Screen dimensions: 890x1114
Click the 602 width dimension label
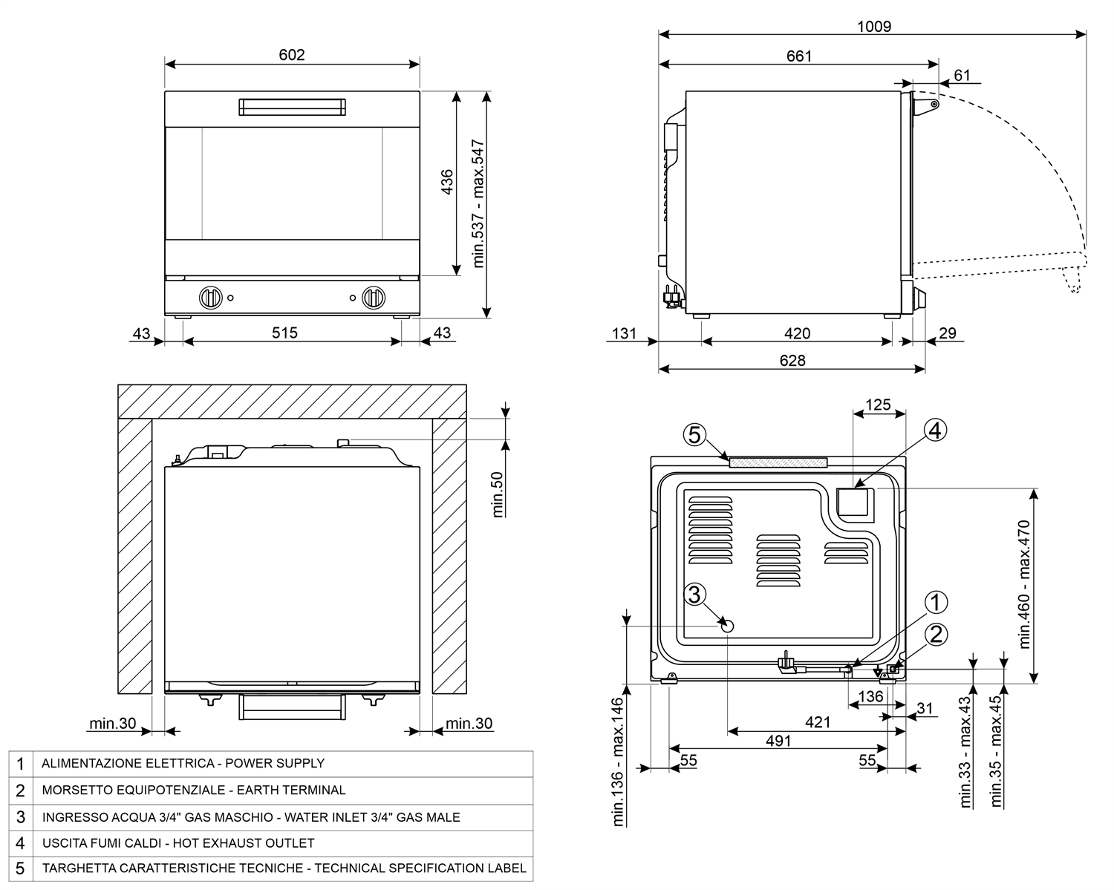[x=292, y=55]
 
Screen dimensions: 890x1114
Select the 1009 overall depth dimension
[x=873, y=27]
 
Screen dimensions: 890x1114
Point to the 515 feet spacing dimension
[x=284, y=333]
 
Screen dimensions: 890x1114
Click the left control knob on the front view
[x=211, y=298]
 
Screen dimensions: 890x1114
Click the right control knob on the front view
[x=374, y=298]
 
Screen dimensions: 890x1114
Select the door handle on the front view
[x=292, y=107]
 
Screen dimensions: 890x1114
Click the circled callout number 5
[x=694, y=435]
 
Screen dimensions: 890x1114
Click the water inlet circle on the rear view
[x=727, y=626]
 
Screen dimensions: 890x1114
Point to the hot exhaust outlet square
[x=855, y=503]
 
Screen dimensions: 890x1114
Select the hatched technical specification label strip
[x=778, y=462]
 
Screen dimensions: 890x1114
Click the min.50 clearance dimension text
[x=498, y=494]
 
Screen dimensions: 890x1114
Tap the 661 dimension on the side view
[x=799, y=56]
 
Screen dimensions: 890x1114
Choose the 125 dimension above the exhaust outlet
[x=878, y=405]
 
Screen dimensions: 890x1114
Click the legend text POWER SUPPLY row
[x=183, y=763]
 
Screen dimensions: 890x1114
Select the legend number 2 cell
[x=20, y=791]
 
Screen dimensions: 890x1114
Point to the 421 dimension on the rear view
[x=817, y=722]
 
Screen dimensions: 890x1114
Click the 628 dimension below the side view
[x=792, y=360]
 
